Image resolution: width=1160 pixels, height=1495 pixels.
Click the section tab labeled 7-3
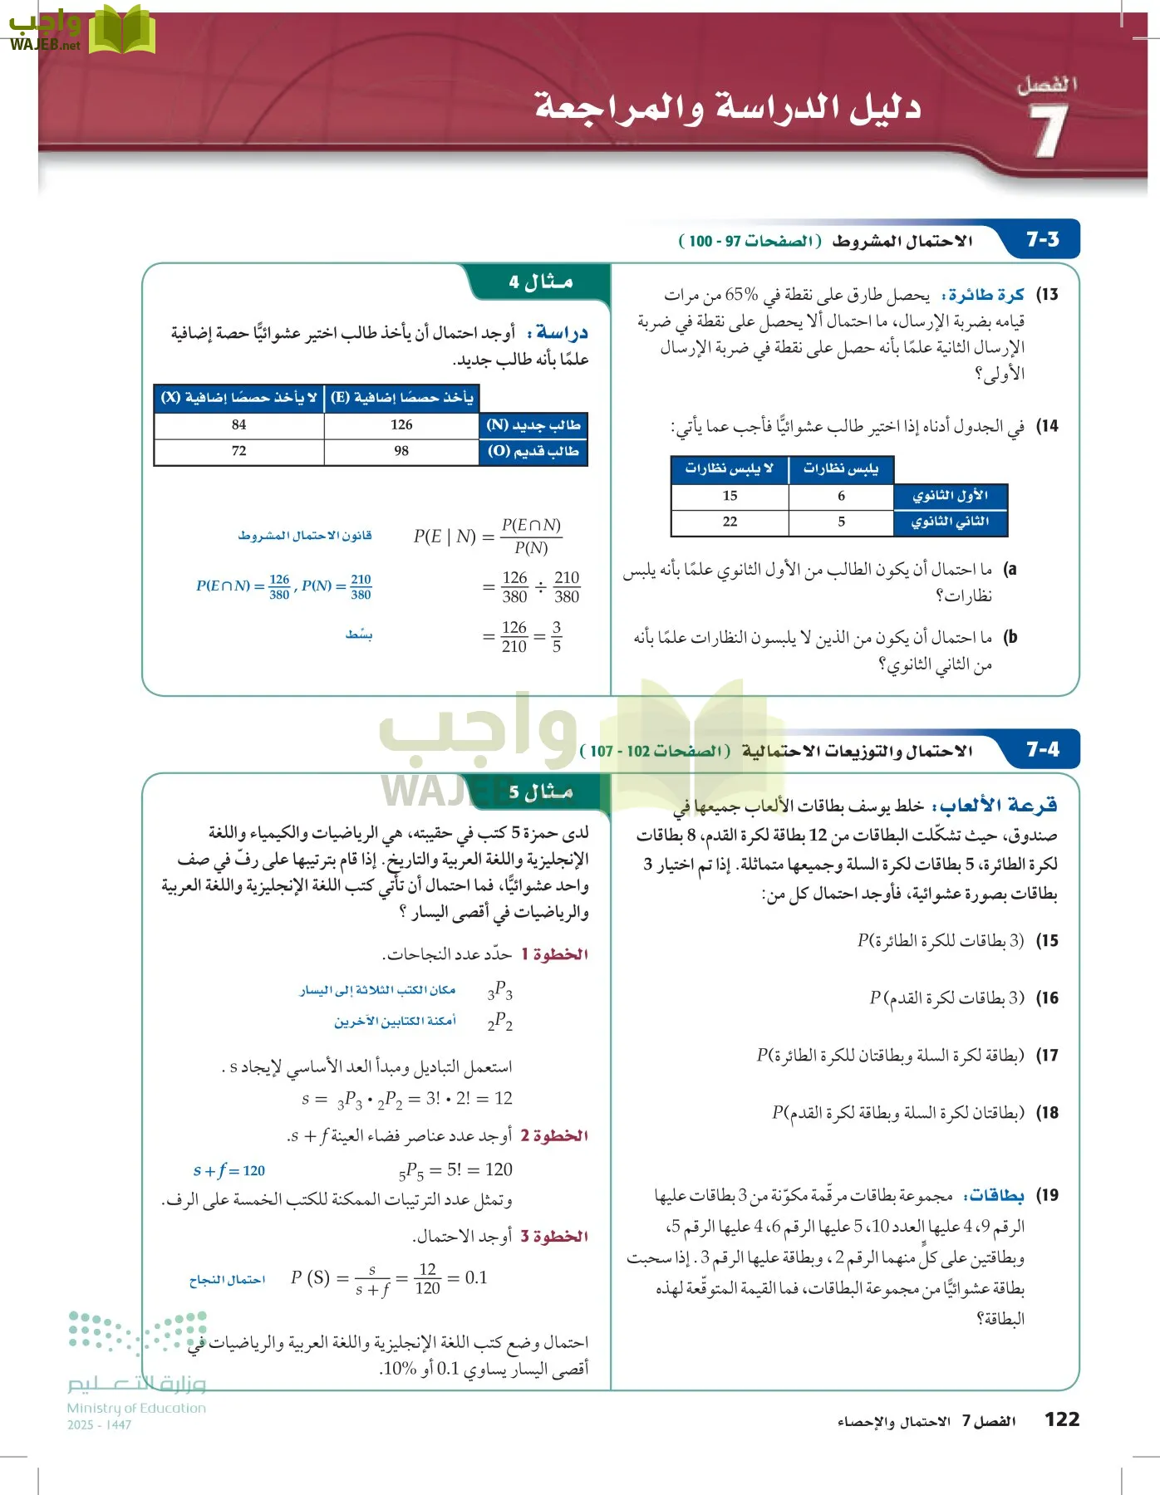point(1042,240)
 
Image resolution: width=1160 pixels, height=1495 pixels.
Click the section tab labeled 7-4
point(1042,750)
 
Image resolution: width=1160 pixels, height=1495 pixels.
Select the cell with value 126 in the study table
point(401,425)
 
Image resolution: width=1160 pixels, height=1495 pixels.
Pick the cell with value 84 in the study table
point(239,425)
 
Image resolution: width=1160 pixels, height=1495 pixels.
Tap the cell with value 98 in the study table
point(401,451)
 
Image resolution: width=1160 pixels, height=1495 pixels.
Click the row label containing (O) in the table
point(533,451)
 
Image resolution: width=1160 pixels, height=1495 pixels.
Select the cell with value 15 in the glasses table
point(730,496)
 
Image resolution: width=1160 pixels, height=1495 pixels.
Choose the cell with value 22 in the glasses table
point(730,522)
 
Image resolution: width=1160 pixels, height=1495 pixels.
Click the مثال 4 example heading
point(541,282)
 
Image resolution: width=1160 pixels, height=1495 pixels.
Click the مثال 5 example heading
point(541,792)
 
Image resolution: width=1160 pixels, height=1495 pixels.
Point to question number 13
point(1049,295)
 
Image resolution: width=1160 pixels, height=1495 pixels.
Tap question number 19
point(1049,1195)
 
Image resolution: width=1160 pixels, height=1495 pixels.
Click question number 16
point(1049,998)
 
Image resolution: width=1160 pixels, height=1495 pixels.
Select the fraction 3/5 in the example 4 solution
point(556,636)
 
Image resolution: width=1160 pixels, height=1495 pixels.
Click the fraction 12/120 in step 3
point(427,1279)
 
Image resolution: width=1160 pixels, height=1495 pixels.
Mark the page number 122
point(1061,1419)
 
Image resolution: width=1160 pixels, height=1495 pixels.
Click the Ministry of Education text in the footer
point(136,1408)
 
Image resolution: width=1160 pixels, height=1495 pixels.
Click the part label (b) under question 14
point(1010,637)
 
